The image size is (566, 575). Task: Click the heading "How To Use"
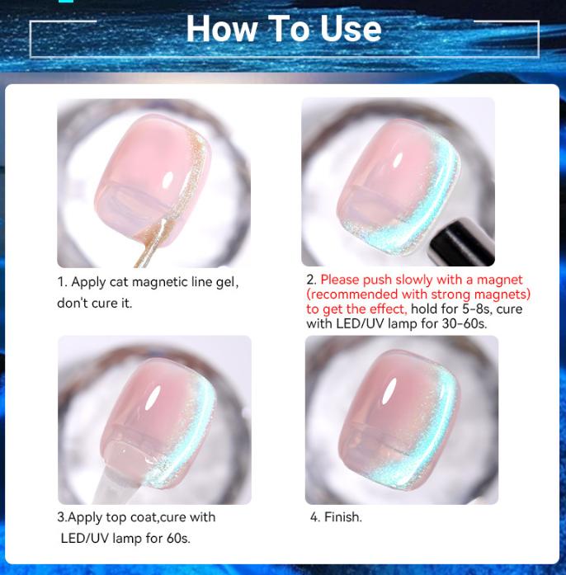(x=283, y=30)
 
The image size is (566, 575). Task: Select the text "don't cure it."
(x=94, y=303)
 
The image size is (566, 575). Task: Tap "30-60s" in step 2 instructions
(x=465, y=324)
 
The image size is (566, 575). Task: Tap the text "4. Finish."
(x=336, y=517)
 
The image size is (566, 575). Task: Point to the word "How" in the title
(x=216, y=30)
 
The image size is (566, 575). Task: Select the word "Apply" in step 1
(x=88, y=282)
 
